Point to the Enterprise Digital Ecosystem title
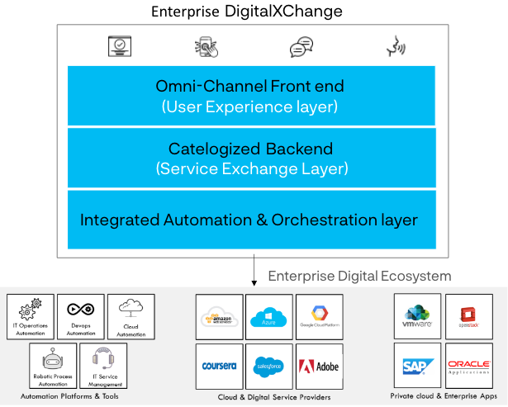[359, 276]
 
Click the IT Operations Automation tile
[30, 317]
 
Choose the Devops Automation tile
[81, 317]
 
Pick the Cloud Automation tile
[131, 317]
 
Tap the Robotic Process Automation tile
[53, 367]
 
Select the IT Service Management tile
[104, 367]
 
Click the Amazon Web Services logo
[221, 317]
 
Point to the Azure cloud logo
[269, 317]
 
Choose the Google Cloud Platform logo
[319, 317]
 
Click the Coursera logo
[221, 366]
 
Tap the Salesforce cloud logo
[269, 366]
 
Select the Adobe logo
[319, 366]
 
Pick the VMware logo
[419, 316]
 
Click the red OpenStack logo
[468, 316]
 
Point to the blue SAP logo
[419, 366]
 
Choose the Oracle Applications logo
[468, 366]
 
